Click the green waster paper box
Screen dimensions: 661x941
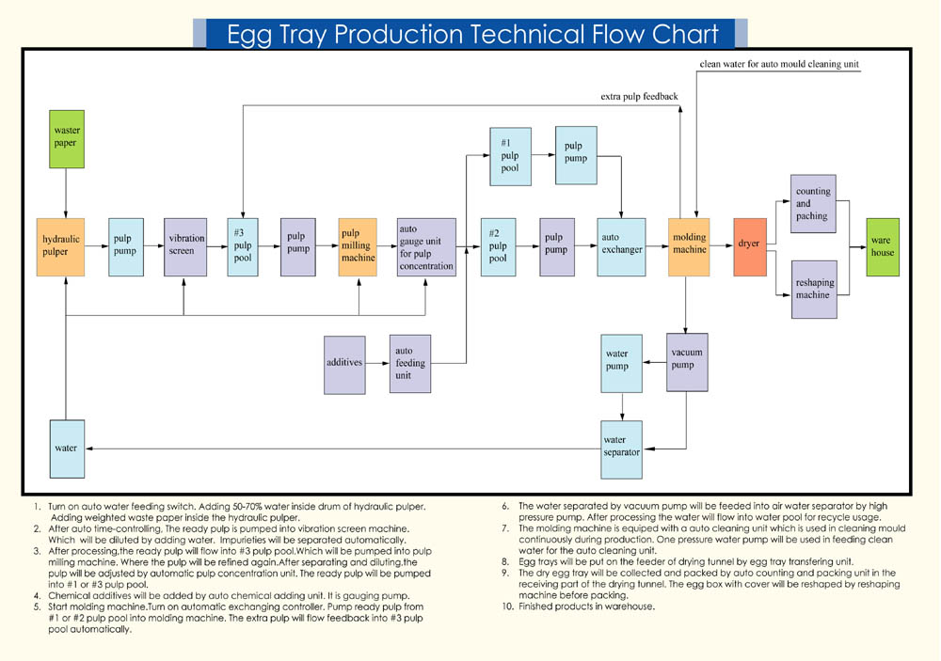point(66,139)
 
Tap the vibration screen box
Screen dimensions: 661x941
point(184,246)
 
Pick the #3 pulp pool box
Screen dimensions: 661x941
point(243,246)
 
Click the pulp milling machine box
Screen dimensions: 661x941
point(358,246)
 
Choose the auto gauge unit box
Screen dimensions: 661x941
point(426,246)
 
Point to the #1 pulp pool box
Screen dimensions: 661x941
point(510,156)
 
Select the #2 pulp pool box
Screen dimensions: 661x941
point(498,246)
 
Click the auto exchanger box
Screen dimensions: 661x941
point(622,246)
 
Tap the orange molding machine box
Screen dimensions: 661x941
point(689,246)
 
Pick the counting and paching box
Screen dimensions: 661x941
point(814,203)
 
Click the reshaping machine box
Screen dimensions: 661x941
point(814,289)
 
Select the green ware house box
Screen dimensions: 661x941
point(882,246)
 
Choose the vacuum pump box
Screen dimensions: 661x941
point(687,362)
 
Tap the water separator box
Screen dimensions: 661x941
point(620,447)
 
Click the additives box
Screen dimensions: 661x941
point(344,364)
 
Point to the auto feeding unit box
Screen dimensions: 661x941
point(410,364)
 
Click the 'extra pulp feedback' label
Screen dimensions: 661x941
point(640,96)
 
